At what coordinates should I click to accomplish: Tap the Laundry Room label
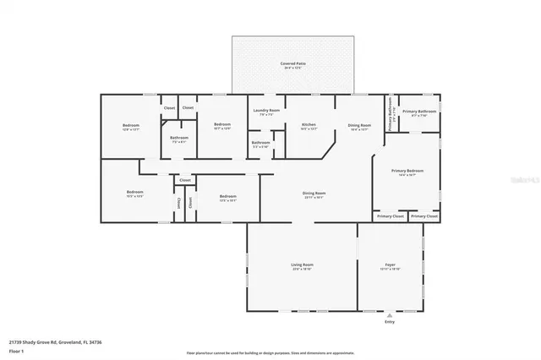tap(264, 111)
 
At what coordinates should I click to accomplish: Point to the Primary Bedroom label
tap(407, 171)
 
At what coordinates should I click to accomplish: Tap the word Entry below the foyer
tap(390, 321)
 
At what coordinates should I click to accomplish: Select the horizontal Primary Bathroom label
tap(418, 112)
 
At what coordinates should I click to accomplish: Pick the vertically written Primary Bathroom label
tap(391, 110)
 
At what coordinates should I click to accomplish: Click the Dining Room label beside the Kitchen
tap(359, 125)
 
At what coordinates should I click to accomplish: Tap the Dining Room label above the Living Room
tap(314, 194)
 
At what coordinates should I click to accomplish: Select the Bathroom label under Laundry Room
tap(260, 142)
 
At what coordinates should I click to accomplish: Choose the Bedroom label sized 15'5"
tap(135, 193)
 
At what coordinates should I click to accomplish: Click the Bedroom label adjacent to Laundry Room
tap(222, 124)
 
